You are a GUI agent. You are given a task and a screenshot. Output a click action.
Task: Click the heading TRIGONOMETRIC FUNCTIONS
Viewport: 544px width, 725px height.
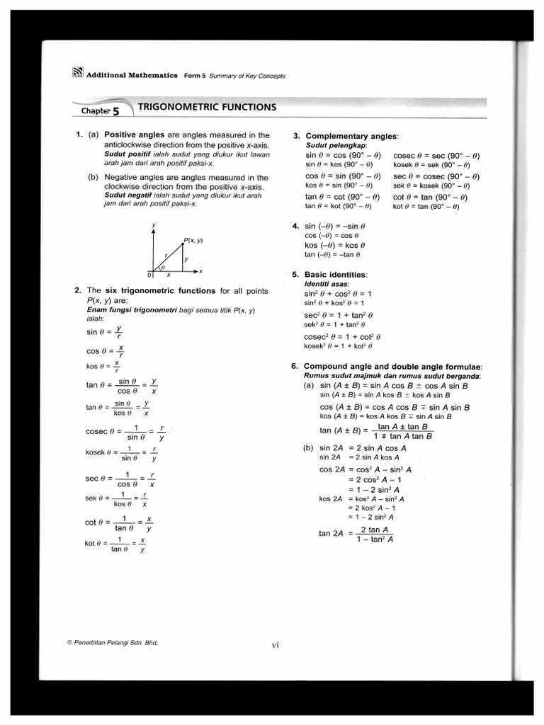[206, 108]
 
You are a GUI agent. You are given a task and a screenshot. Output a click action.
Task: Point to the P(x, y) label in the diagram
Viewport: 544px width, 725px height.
[193, 240]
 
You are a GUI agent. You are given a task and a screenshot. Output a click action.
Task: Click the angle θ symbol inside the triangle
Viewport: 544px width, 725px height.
[161, 268]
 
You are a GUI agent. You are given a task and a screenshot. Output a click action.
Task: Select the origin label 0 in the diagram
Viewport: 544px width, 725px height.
[149, 275]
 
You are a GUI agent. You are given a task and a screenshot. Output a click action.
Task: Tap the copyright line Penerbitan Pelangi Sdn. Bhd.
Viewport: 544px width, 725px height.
[112, 642]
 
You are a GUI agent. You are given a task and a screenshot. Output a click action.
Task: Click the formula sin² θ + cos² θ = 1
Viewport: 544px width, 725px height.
[339, 293]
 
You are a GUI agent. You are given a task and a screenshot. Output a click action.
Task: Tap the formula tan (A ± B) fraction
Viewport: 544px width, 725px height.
[376, 431]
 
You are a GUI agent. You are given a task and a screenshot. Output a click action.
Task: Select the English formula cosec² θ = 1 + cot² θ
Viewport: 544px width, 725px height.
[344, 336]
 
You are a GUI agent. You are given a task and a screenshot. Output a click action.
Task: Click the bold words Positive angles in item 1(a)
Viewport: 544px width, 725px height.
[135, 135]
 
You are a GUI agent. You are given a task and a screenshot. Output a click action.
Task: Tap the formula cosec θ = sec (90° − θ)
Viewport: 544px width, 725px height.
[436, 155]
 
